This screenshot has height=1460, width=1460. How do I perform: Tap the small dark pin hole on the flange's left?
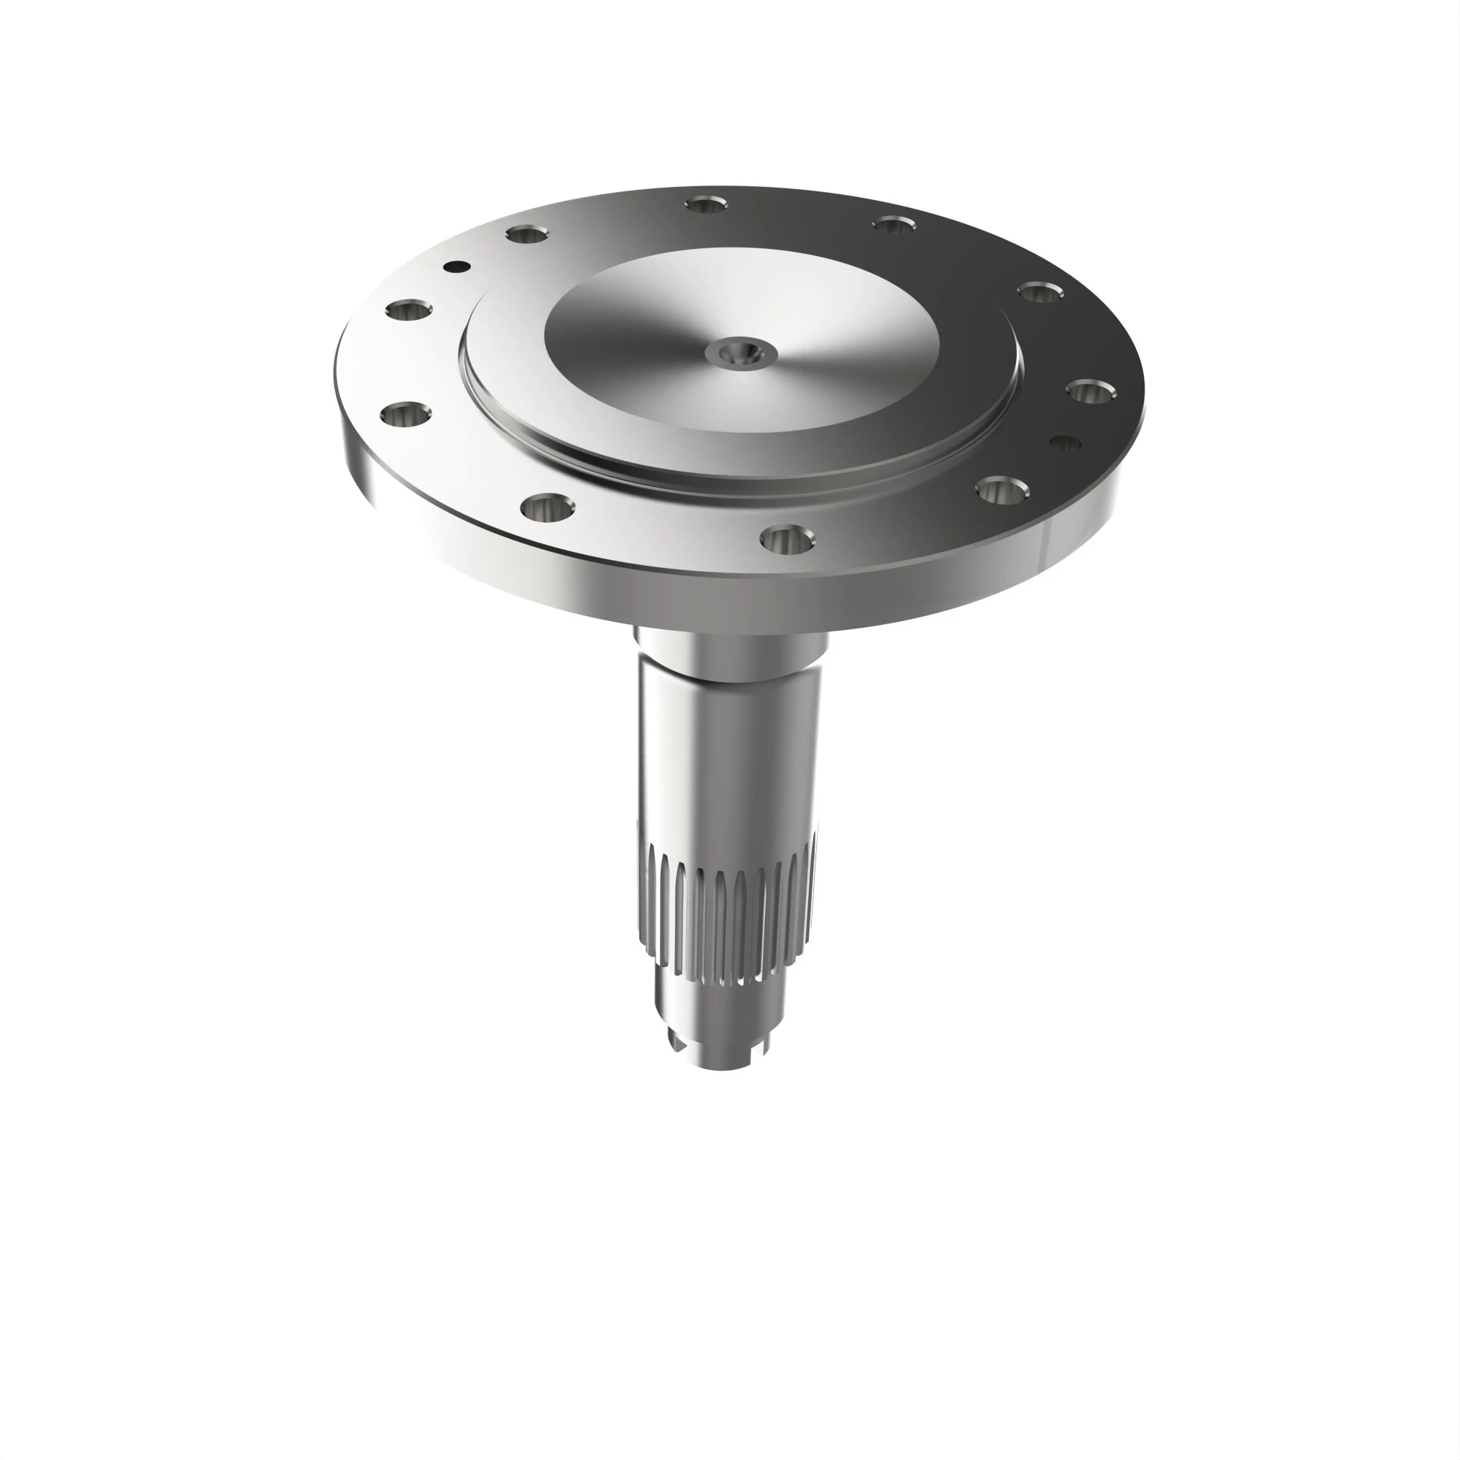tap(456, 266)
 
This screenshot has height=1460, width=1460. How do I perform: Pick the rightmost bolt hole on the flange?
tap(1092, 392)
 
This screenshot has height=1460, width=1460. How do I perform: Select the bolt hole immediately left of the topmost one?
tap(527, 234)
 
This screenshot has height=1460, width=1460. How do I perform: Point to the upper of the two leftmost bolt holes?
tap(409, 310)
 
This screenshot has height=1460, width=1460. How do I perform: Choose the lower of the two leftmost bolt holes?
tap(407, 415)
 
